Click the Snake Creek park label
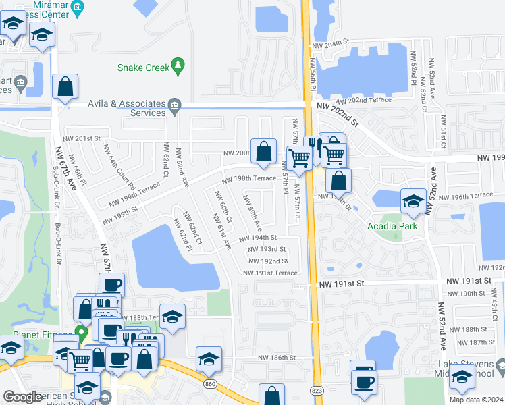142,67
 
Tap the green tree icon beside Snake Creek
178,65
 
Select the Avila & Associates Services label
128,108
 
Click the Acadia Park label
392,226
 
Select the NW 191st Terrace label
271,273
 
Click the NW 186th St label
277,357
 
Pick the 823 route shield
317,389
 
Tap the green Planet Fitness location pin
82,333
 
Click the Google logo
22,397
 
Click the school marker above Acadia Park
413,200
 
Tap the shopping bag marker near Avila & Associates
65,86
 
